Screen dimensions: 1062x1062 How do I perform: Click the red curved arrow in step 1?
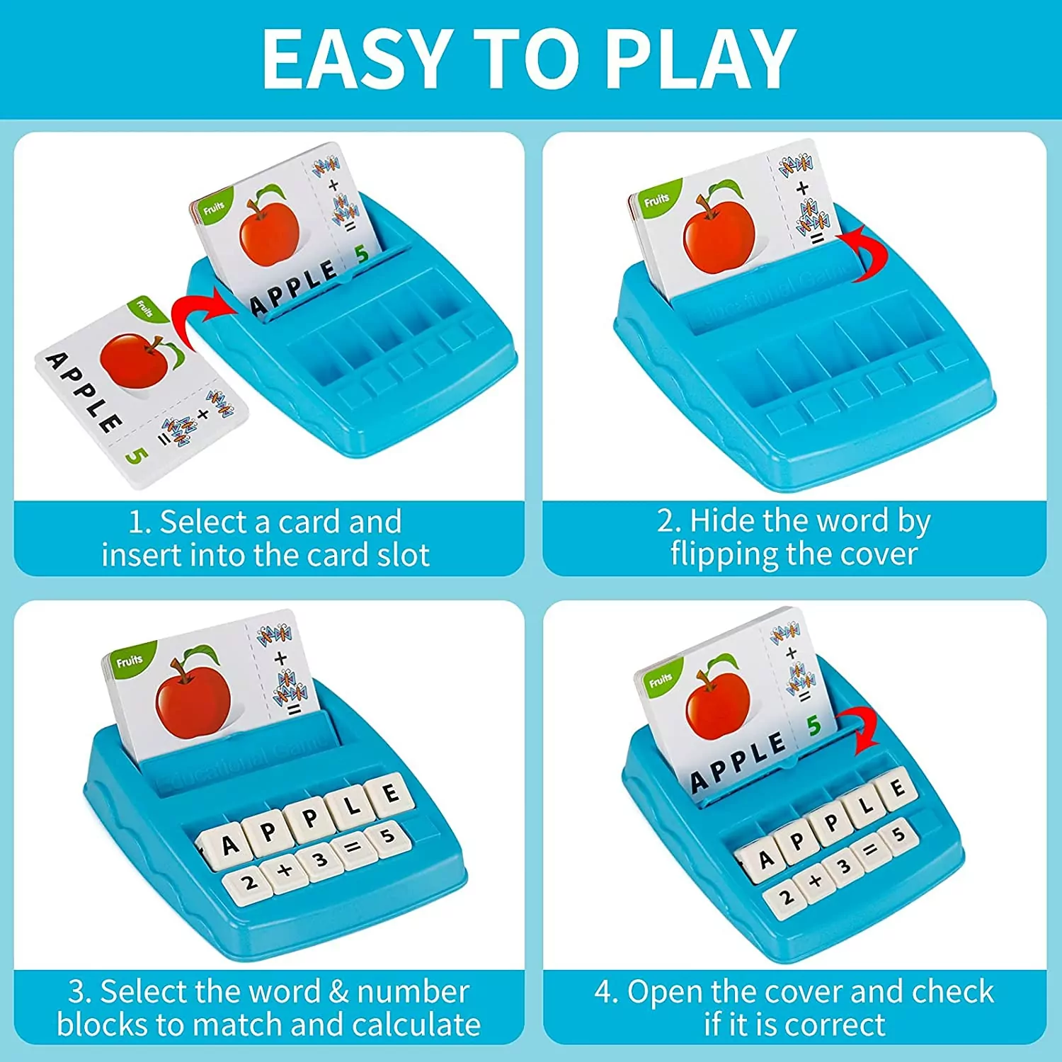point(200,314)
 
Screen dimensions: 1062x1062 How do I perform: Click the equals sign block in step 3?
point(353,846)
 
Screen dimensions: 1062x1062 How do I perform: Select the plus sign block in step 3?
point(285,871)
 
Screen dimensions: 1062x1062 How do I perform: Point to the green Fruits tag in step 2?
point(656,200)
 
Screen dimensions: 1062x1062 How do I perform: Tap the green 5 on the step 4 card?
point(814,725)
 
